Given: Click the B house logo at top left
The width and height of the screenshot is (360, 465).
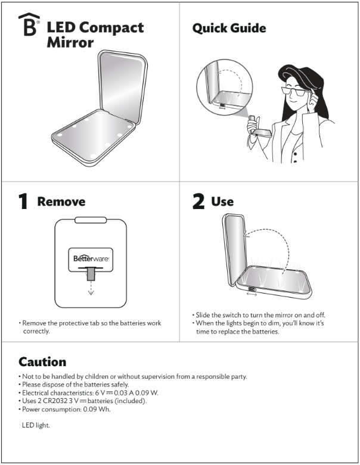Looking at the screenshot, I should pyautogui.click(x=29, y=26).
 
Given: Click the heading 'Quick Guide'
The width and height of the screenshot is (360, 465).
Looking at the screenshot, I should pyautogui.click(x=229, y=28).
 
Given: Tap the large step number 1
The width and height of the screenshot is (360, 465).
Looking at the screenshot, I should pyautogui.click(x=23, y=202).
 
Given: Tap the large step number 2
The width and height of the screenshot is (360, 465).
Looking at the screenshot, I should pyautogui.click(x=198, y=202).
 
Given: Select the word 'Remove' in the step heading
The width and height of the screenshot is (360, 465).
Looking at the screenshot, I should pyautogui.click(x=61, y=202).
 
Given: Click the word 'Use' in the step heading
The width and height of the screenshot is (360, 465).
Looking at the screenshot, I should pyautogui.click(x=222, y=202).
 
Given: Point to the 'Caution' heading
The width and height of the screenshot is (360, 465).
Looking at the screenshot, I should pyautogui.click(x=42, y=361).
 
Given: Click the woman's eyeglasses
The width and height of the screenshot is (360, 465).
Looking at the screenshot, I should pyautogui.click(x=296, y=91).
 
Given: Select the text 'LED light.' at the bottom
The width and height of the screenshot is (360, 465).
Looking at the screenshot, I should pyautogui.click(x=35, y=425).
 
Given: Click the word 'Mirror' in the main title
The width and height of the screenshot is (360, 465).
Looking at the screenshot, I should pyautogui.click(x=70, y=43).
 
